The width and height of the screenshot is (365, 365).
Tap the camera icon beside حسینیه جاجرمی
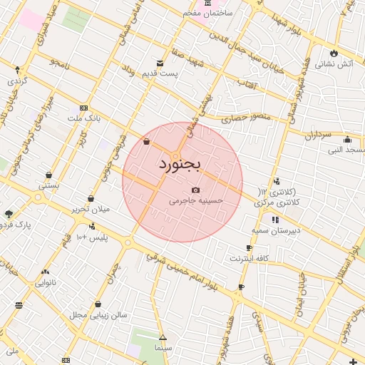click(x=195, y=190)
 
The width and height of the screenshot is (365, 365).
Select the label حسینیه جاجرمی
click(x=196, y=202)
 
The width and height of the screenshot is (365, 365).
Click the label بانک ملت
click(x=85, y=118)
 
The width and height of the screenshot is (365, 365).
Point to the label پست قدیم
click(x=160, y=73)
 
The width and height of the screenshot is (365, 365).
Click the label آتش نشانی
click(x=334, y=64)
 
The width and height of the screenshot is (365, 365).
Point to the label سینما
click(x=162, y=349)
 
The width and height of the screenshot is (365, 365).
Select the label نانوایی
click(x=46, y=282)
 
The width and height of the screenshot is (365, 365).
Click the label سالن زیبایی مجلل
click(x=98, y=314)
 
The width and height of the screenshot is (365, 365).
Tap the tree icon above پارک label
click(x=9, y=213)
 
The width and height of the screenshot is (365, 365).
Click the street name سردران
click(x=318, y=133)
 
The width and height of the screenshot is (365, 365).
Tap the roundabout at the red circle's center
click(x=175, y=155)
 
